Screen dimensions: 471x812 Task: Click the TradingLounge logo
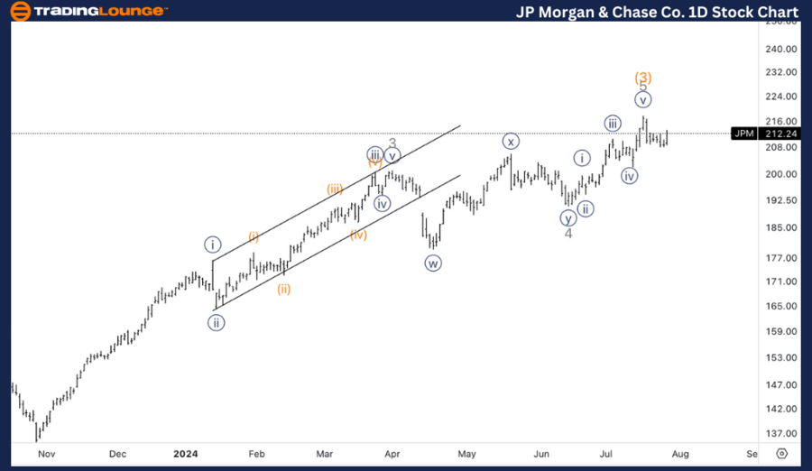tap(88, 11)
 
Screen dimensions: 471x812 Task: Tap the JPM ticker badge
tap(743, 134)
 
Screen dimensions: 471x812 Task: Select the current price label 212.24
tap(778, 134)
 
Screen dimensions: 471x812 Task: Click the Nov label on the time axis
tap(46, 454)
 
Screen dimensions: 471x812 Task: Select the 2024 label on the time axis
tap(184, 454)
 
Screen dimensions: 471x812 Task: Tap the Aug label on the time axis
tap(681, 454)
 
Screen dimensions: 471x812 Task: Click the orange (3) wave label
tap(643, 78)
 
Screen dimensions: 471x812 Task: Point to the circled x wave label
tap(511, 141)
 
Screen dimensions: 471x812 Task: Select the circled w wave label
tap(433, 263)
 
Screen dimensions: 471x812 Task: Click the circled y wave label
tap(567, 217)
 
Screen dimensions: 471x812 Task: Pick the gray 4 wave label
tap(568, 234)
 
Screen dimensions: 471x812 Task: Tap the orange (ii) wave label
tap(284, 289)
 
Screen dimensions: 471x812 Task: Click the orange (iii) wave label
tap(335, 189)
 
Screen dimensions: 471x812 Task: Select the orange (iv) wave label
tap(358, 235)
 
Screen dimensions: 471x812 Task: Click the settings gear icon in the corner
tap(781, 454)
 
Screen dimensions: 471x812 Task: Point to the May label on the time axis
tap(466, 454)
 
